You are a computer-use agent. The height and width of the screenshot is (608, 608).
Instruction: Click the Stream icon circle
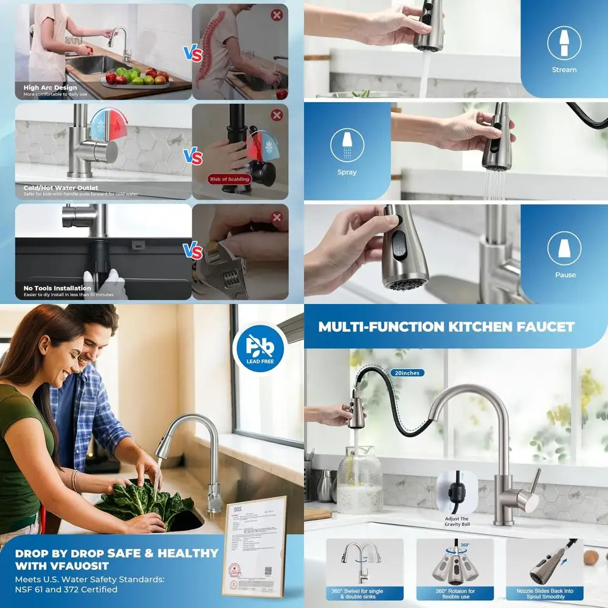[x=564, y=43]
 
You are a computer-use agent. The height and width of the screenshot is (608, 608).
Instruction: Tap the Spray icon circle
[x=347, y=145]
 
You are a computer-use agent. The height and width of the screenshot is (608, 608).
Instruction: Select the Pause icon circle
[x=564, y=248]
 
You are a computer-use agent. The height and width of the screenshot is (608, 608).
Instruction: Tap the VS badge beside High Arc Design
[x=193, y=55]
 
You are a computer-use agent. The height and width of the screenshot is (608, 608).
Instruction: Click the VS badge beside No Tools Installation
[x=193, y=250]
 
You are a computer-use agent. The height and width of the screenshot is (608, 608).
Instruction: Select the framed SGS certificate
[x=254, y=545]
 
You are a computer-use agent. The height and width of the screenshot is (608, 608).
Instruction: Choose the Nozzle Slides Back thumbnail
[x=545, y=568]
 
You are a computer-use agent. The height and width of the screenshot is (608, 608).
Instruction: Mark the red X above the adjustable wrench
[x=277, y=217]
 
